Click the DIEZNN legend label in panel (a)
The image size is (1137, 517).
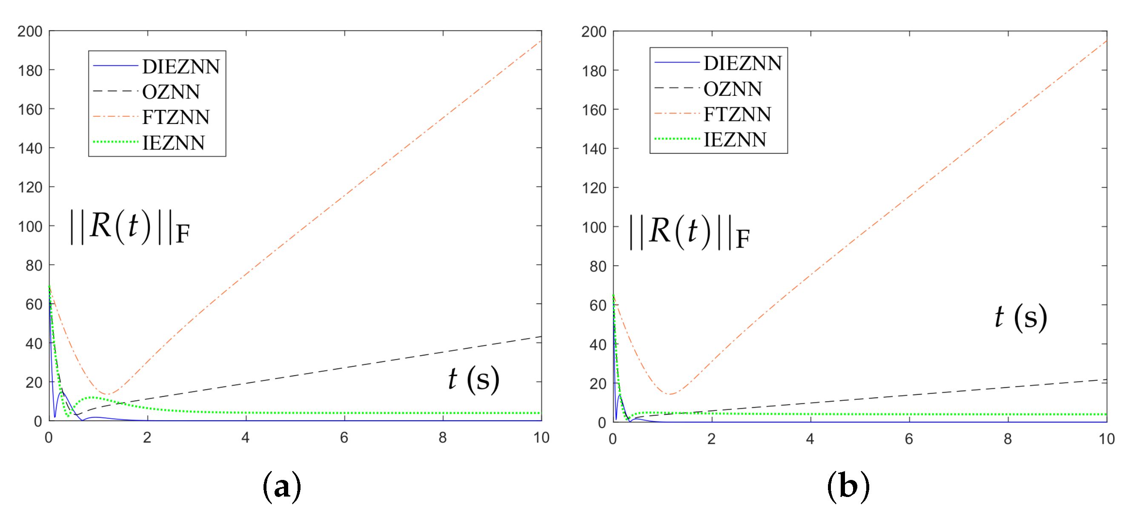(x=181, y=67)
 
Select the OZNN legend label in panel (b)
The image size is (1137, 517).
(x=732, y=89)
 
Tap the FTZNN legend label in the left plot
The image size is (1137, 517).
(x=176, y=118)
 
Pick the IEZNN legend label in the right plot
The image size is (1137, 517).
(x=734, y=140)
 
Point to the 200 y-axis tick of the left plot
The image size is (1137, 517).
(x=30, y=32)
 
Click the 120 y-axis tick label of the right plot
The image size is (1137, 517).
(x=594, y=188)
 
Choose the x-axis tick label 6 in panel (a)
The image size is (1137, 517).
(x=344, y=437)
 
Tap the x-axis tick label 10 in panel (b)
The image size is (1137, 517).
(x=1106, y=439)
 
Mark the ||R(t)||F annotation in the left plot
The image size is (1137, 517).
(x=130, y=227)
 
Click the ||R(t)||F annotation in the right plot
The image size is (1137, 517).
(x=690, y=232)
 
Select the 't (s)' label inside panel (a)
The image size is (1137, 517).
(x=474, y=379)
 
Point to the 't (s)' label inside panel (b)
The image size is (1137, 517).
(x=1020, y=317)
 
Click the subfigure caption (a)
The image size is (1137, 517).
(x=282, y=486)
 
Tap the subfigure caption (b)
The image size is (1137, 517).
(x=848, y=486)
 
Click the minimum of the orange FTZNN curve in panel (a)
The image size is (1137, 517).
(x=107, y=394)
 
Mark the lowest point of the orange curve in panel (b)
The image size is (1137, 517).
(x=670, y=394)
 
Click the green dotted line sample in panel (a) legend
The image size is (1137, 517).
(x=116, y=142)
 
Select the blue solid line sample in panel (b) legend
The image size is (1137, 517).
(x=677, y=63)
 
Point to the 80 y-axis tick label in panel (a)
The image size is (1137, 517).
(x=34, y=266)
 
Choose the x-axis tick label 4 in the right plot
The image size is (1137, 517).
(x=810, y=439)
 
